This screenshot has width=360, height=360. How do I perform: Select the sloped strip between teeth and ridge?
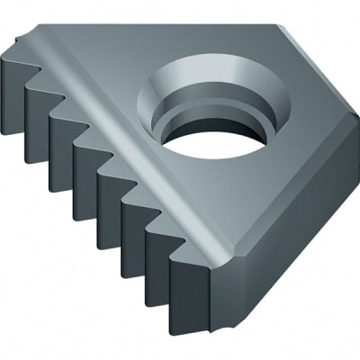point(108,135)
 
